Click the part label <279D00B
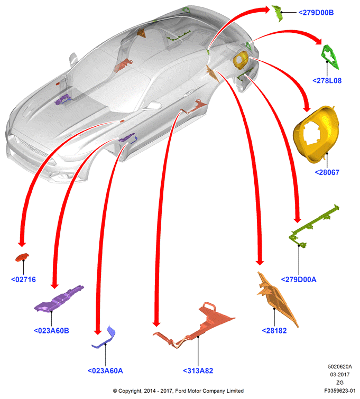(x=316, y=13)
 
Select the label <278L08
(x=327, y=81)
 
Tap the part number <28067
(x=327, y=172)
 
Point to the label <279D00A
(x=299, y=280)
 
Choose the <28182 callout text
(x=274, y=330)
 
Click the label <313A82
(x=198, y=371)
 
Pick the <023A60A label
(x=105, y=371)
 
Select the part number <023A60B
(x=51, y=330)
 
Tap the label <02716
(x=23, y=280)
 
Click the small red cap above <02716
(x=22, y=257)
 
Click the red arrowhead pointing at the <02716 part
(x=22, y=243)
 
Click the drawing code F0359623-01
(x=339, y=391)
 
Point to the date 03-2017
(x=339, y=375)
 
